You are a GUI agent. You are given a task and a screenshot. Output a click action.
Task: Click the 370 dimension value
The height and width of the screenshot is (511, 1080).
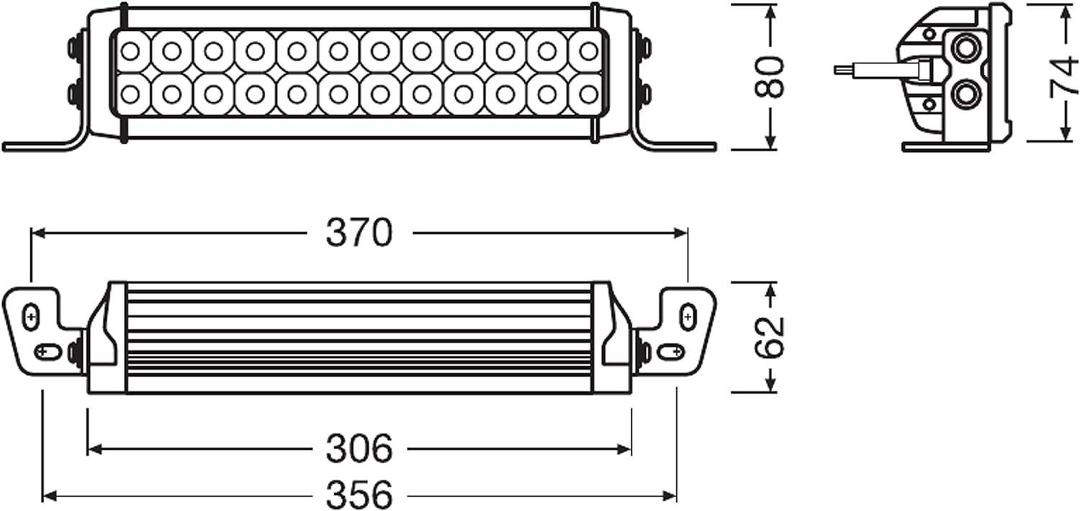[x=359, y=233]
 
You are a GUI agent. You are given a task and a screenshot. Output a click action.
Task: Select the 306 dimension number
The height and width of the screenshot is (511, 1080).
[x=359, y=449]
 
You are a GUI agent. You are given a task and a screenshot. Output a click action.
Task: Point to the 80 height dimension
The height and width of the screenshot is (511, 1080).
[x=769, y=77]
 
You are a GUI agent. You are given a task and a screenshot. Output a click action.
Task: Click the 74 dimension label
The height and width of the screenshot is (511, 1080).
[x=1063, y=75]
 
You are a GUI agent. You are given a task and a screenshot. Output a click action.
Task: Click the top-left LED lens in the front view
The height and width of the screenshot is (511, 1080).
[x=130, y=51]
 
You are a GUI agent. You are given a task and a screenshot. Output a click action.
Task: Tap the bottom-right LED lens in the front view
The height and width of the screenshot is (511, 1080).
[x=588, y=94]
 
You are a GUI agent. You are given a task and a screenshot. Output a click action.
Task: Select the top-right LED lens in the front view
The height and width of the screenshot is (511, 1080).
[x=588, y=50]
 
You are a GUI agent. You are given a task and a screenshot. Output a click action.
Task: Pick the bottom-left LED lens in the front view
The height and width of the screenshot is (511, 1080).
[x=130, y=94]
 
